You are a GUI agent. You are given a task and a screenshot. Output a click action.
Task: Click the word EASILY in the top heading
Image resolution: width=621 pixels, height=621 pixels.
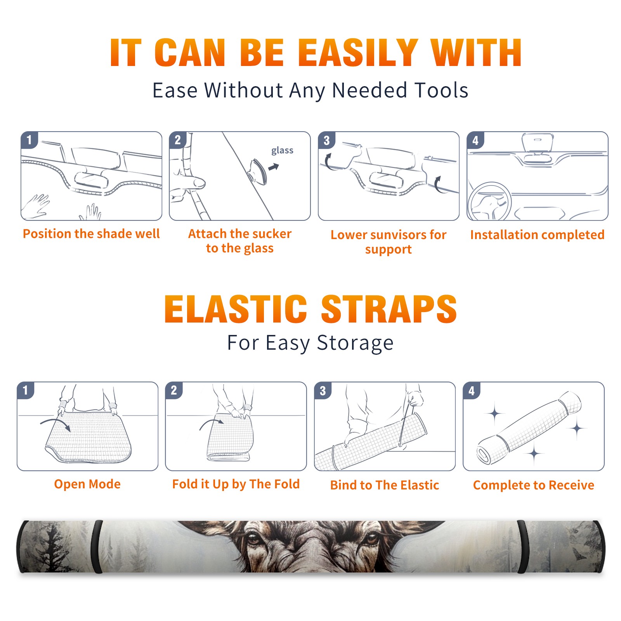[358, 53]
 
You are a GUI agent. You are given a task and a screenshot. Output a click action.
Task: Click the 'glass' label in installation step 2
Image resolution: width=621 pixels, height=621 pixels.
[282, 151]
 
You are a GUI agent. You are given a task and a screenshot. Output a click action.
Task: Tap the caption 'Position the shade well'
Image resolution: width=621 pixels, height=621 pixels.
[91, 234]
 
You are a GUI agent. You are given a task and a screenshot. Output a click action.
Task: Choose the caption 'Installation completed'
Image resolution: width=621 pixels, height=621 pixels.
[537, 234]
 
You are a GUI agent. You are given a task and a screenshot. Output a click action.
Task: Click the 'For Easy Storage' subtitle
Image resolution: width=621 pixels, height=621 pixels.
[310, 343]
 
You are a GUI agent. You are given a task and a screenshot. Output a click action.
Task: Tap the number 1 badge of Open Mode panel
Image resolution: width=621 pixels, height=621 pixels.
[26, 390]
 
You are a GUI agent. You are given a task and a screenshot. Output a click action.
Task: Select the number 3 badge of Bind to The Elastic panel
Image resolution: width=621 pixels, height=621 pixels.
[323, 390]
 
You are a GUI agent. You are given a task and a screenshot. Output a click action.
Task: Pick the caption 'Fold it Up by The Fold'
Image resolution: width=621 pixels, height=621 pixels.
[236, 484]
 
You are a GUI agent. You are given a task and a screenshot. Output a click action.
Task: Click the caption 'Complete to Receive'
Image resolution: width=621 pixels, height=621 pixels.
[534, 485]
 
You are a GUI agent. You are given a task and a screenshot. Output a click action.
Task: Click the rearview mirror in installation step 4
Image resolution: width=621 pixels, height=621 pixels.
[537, 142]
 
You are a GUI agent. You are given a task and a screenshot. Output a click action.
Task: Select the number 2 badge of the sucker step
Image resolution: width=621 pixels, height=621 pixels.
[178, 140]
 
